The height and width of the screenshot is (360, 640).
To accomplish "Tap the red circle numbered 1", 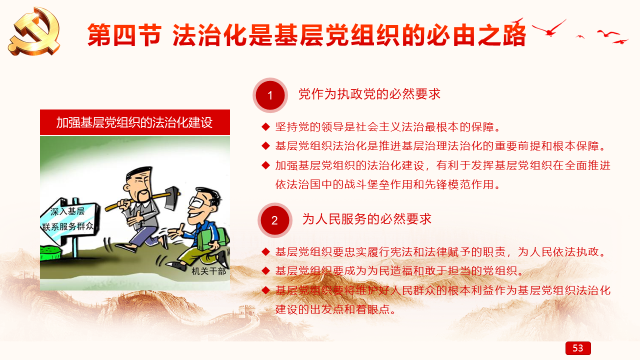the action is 270,95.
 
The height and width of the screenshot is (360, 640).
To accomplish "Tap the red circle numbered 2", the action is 274,220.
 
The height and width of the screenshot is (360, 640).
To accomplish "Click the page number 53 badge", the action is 578,348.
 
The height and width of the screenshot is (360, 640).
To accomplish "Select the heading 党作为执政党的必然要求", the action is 369,94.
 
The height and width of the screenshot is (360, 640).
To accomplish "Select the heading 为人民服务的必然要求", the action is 367,219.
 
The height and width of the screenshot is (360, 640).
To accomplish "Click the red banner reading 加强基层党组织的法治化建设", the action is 135,122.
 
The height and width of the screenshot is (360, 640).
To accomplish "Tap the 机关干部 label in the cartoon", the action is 208,271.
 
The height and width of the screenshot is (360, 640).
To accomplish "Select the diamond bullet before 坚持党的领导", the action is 265,126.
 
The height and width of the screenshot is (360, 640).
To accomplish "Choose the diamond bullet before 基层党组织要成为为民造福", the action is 265,270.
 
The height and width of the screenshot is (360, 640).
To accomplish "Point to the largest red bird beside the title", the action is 549,28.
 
